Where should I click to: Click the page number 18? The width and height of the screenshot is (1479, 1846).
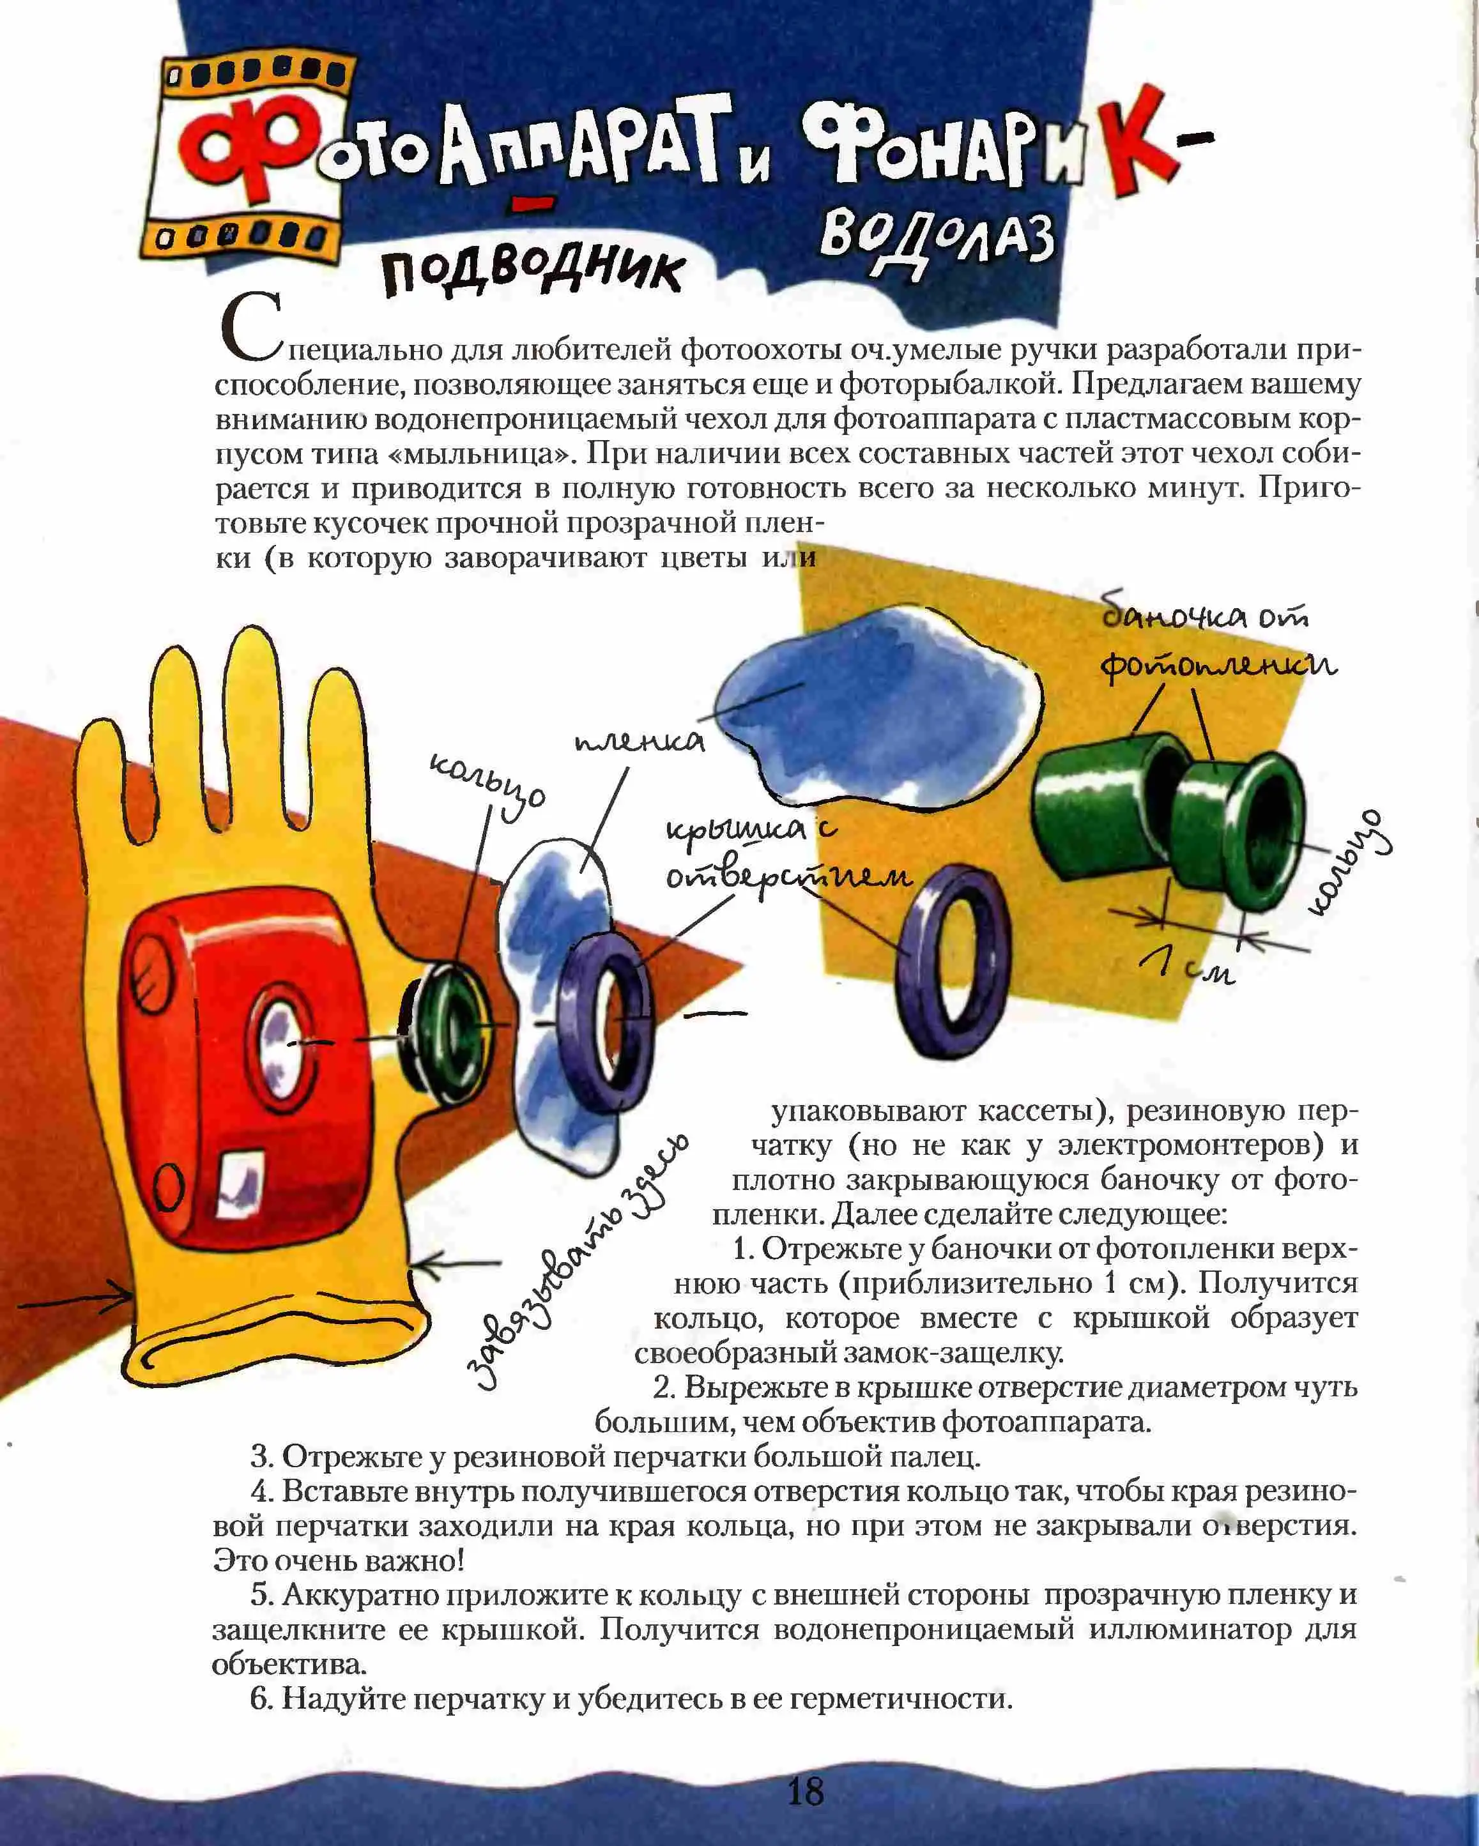click(805, 1790)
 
